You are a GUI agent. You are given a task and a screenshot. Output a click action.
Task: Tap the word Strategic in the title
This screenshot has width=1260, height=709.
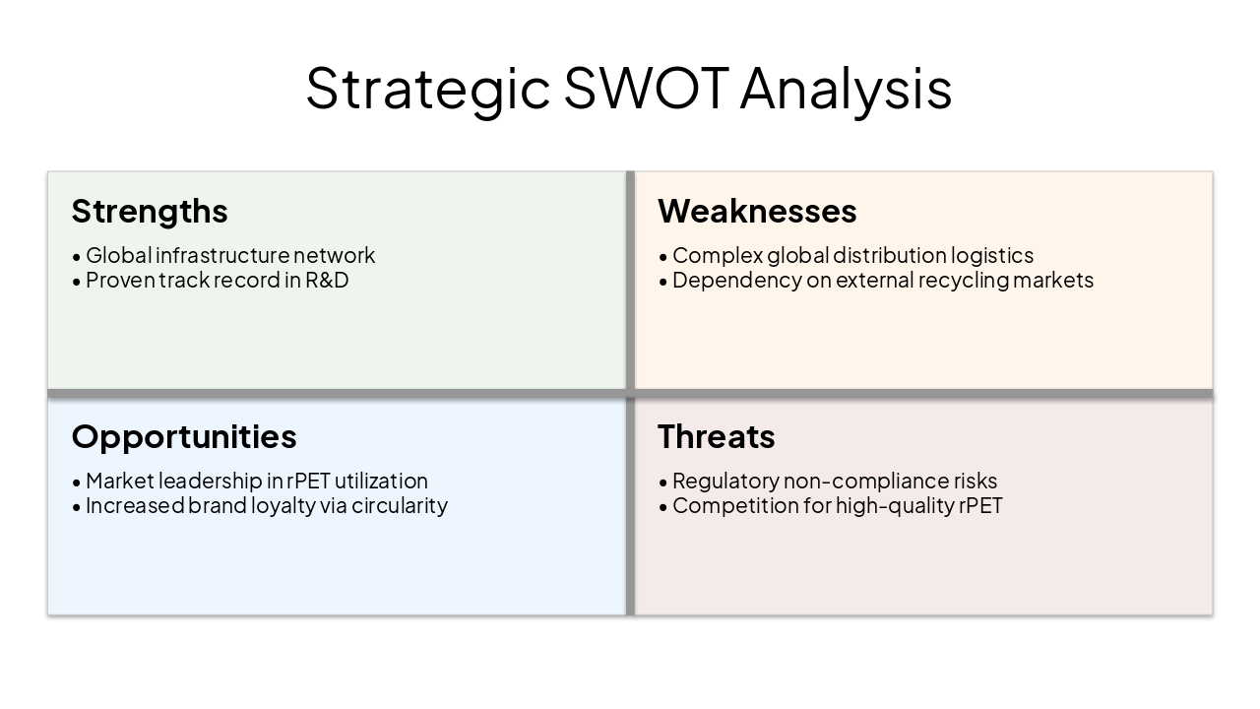coord(427,88)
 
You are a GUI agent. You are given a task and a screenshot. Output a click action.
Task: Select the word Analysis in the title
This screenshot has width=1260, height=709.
coord(846,88)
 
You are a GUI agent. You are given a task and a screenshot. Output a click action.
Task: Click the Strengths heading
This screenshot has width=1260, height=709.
coord(150,211)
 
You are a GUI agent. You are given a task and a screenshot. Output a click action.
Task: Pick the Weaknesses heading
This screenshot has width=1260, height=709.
coord(757,211)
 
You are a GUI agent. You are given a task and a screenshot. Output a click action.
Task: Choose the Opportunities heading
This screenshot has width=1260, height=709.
coord(184,436)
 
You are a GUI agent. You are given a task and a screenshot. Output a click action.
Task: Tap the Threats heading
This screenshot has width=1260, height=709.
coord(717,436)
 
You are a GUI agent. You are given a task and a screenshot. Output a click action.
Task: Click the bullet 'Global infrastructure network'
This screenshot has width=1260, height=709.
coord(230,255)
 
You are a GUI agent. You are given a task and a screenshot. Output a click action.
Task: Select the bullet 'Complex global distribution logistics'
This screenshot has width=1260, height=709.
coord(852,255)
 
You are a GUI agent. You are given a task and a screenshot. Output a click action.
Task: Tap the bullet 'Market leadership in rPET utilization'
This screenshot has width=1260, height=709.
coord(256,481)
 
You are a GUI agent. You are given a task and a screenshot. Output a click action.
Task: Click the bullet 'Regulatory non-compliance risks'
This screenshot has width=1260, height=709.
coord(835,481)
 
